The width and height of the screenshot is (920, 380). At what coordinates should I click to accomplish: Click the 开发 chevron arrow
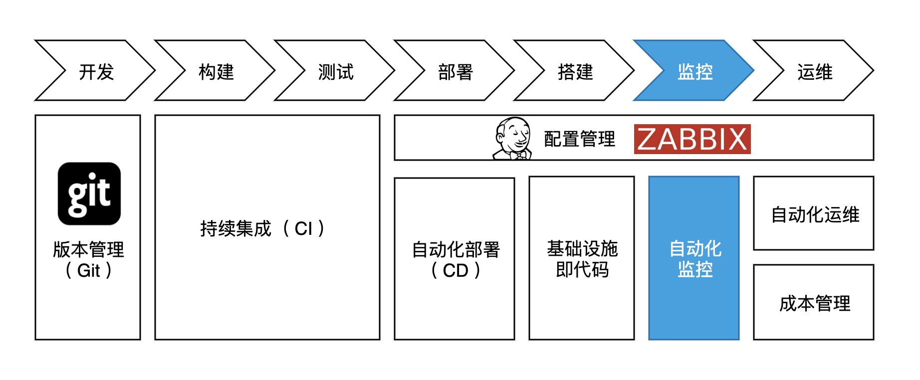[x=96, y=71]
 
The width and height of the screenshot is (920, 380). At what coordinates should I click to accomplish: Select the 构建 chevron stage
[x=216, y=71]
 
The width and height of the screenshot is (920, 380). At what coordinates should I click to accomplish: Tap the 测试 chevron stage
[x=335, y=71]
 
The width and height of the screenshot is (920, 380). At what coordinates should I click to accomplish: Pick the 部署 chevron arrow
[x=455, y=71]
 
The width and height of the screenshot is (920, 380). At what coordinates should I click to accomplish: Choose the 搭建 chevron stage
[x=575, y=71]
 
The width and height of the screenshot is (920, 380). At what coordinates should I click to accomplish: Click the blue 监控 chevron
[x=694, y=71]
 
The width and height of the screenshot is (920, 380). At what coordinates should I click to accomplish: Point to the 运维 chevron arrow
[x=814, y=71]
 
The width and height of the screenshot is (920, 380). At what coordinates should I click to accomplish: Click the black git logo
[x=89, y=193]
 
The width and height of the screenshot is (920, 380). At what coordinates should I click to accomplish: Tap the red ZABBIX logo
[x=692, y=139]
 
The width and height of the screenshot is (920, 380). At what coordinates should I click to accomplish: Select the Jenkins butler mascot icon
[x=512, y=138]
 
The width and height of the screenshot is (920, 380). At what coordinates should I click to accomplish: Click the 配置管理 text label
[x=579, y=139]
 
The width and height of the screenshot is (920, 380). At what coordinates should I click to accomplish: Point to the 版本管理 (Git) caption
[x=88, y=260]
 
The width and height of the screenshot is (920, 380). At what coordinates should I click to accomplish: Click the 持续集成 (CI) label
[x=263, y=228]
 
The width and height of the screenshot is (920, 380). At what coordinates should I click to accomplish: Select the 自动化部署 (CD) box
[x=455, y=259]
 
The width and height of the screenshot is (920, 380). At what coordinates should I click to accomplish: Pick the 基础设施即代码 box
[x=582, y=258]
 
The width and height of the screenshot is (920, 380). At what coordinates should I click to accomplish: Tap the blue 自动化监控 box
[x=694, y=258]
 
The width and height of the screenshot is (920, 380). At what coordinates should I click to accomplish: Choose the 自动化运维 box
[x=814, y=213]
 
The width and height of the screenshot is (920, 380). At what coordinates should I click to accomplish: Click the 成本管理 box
[x=814, y=302]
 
